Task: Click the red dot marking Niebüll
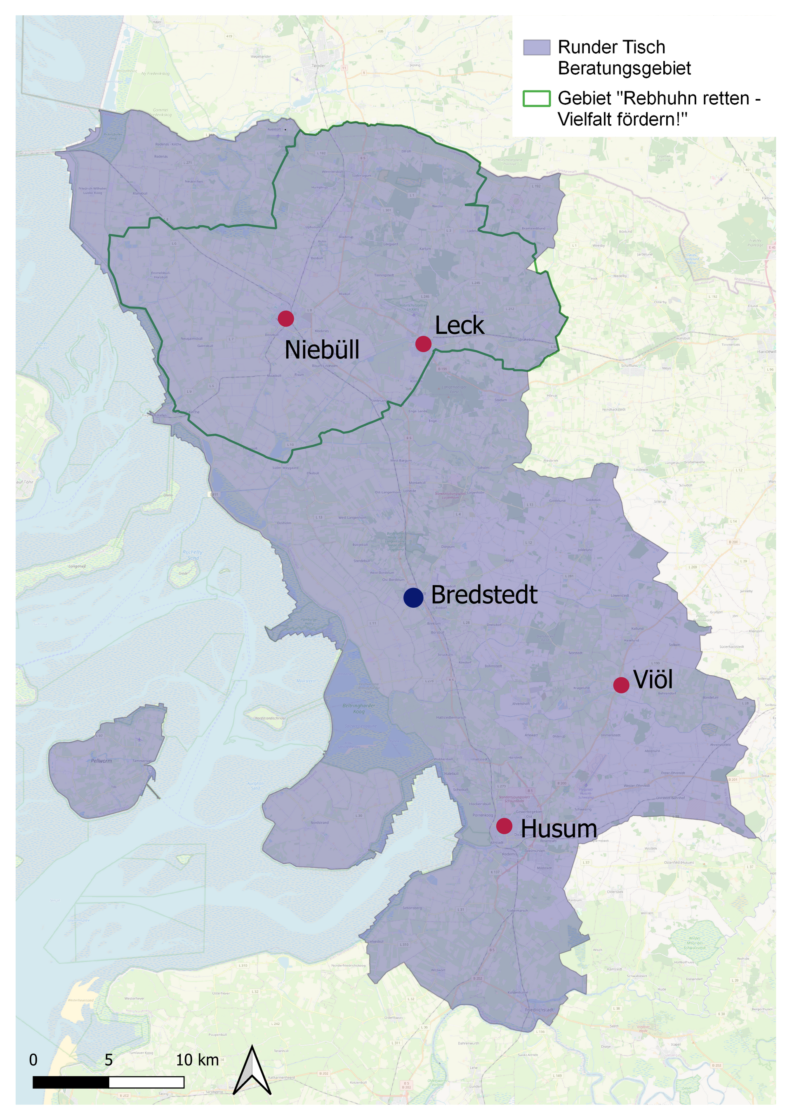286,318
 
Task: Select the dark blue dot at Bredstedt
414,598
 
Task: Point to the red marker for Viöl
621,685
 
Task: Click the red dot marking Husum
504,826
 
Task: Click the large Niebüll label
322,350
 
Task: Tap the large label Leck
460,325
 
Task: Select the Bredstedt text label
484,595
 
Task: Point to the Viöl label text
653,679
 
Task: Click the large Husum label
559,829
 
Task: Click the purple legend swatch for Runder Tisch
536,47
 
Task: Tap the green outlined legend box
536,99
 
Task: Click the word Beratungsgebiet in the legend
624,68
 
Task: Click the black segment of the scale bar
71,1082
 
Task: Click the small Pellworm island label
101,761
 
